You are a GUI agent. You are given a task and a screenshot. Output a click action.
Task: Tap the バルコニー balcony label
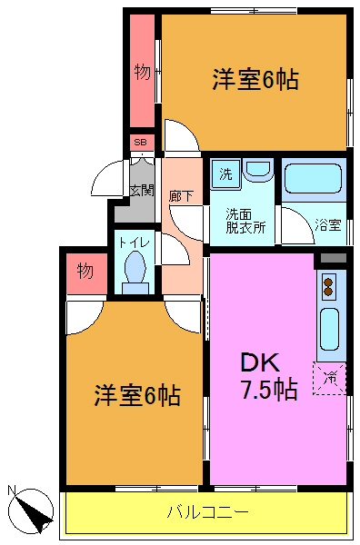point(207,513)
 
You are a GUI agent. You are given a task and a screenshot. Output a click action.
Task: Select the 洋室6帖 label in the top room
point(255,80)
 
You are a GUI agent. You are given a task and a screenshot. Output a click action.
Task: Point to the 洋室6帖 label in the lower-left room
point(136,395)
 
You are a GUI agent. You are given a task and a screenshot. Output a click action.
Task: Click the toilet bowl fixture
point(135,271)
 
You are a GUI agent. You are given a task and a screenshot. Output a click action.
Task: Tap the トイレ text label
point(134,243)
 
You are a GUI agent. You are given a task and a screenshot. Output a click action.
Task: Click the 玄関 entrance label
point(140,191)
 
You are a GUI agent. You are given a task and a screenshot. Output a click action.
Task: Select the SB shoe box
point(141,143)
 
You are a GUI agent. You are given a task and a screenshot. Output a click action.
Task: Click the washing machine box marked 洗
point(225,174)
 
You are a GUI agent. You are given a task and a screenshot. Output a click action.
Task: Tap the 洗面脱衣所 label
point(245,221)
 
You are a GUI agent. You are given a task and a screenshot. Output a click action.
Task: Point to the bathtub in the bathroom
point(311,180)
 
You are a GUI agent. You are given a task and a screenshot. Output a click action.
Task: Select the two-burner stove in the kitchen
point(329,287)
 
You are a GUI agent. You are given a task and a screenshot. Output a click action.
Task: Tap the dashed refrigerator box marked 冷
point(330,377)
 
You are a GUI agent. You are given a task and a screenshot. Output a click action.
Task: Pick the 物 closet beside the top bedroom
point(142,70)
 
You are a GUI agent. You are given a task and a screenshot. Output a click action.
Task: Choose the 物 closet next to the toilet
point(85,272)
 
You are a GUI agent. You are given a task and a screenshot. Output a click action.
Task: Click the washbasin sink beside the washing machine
point(257,170)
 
